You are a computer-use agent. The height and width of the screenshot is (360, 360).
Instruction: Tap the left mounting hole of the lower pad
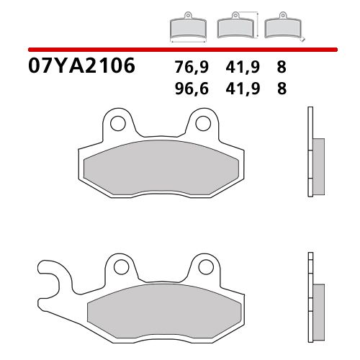tap(118, 268)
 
